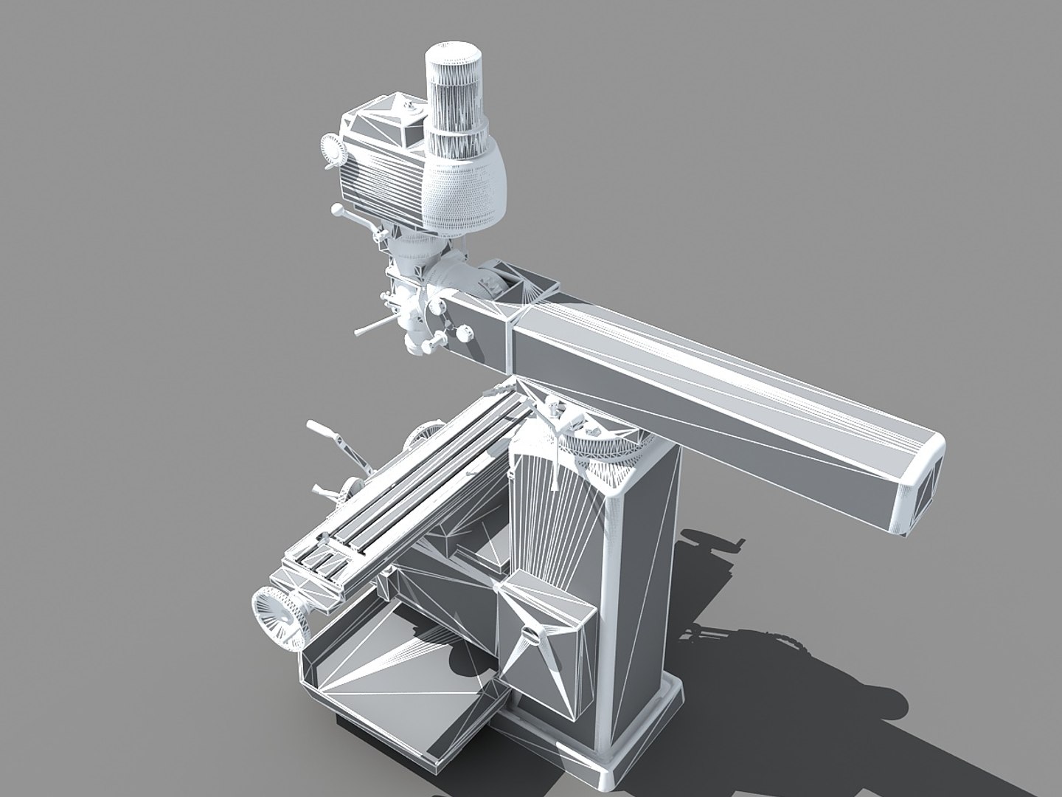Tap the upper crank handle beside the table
321,429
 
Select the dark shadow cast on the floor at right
796,649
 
